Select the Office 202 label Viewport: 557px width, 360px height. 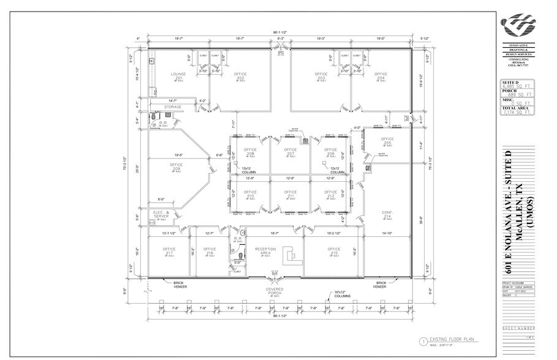pyautogui.click(x=240, y=76)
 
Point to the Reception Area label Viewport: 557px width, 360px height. pyautogui.click(x=265, y=251)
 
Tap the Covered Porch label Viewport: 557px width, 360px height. pyautogui.click(x=274, y=290)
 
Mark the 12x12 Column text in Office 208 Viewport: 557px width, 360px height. pyautogui.click(x=248, y=170)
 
